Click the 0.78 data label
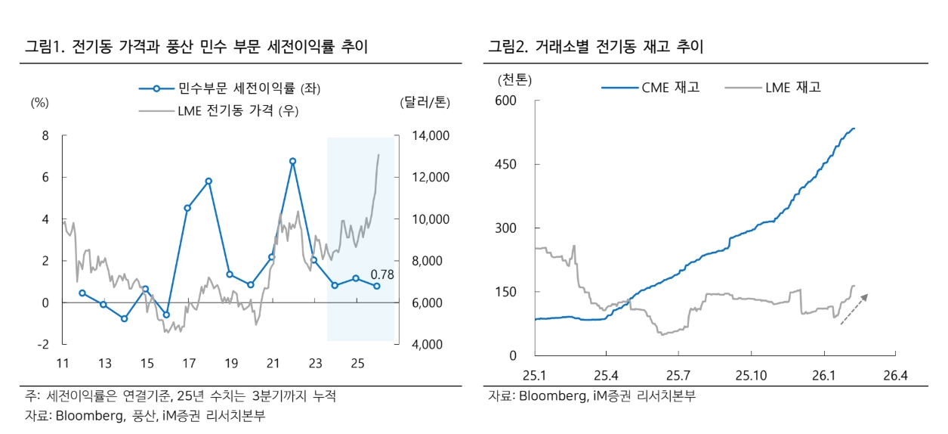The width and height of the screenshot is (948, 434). tap(383, 274)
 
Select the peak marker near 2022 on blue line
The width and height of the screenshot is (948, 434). tap(292, 161)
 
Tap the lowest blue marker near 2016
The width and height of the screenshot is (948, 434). tap(166, 315)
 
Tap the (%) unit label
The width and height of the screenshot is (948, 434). tap(39, 104)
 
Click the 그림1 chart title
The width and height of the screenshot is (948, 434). tap(196, 47)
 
